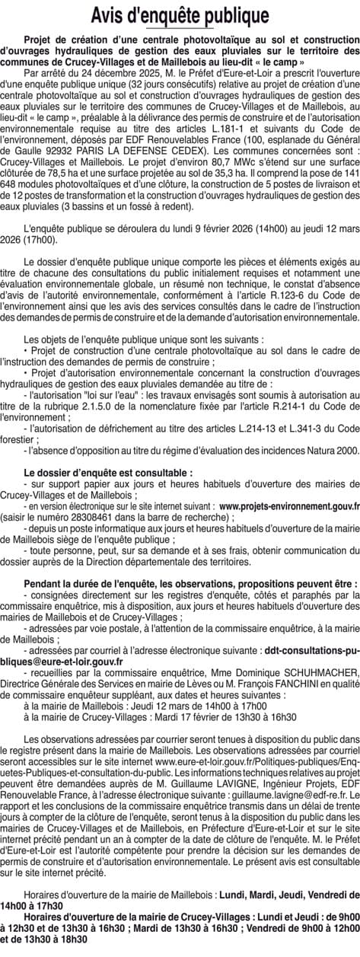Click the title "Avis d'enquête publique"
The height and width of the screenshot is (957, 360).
point(180,15)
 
